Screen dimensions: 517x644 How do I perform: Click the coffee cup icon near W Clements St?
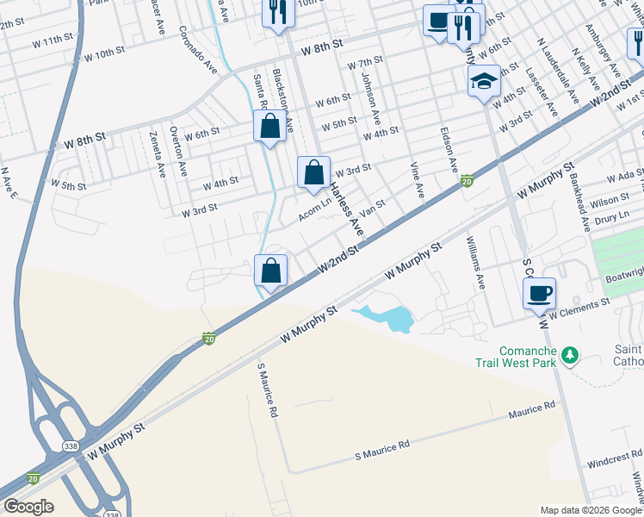pos(539,293)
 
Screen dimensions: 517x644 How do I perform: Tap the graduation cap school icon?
pos(485,81)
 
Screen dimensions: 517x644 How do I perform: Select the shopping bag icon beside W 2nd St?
pos(270,271)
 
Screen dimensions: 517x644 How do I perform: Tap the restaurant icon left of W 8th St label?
pos(277,12)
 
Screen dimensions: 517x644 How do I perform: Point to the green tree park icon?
pos(568,355)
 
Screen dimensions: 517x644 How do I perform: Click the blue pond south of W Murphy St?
pos(392,319)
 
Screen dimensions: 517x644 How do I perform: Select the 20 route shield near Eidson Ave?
pos(466,181)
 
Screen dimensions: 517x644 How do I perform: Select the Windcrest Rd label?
pos(615,458)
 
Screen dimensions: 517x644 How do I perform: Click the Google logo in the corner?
pos(28,507)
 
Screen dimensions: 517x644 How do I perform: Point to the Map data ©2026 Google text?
pos(590,510)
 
